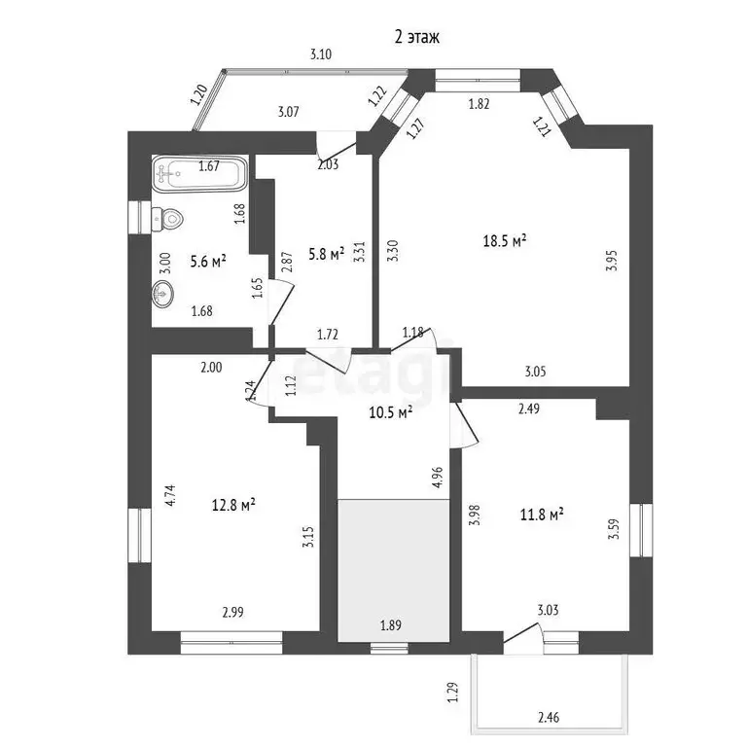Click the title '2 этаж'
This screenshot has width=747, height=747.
point(417,37)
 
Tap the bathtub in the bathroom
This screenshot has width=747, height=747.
point(200,174)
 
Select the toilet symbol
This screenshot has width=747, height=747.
point(167,220)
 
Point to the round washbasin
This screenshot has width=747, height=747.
point(162,294)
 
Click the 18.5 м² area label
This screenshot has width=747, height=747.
point(505,240)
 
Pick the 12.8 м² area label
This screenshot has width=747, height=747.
point(233,504)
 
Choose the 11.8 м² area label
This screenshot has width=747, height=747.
point(542,515)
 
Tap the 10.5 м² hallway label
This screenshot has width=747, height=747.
point(391,411)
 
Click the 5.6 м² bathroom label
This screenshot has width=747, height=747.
point(208,261)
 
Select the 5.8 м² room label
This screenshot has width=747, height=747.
point(327,254)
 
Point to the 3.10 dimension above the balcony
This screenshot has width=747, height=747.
point(321,53)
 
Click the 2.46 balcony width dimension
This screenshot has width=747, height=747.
point(549,717)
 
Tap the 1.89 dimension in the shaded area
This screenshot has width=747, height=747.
point(391,624)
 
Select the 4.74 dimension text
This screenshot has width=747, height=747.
point(170,495)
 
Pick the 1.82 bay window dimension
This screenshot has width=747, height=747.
point(479,103)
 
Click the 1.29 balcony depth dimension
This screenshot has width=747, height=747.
point(453,693)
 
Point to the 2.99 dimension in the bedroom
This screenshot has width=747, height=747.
point(233,612)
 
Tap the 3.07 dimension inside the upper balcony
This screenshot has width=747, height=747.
point(288,112)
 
